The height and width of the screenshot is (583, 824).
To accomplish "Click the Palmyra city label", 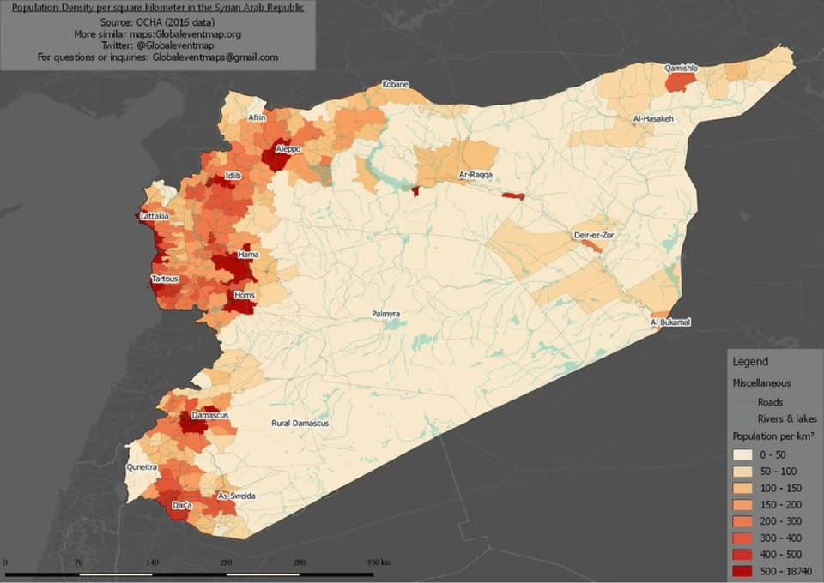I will point(386,315).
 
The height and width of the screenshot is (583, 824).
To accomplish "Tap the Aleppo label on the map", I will point(288,149).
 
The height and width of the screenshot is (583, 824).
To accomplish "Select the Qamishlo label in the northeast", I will point(682,68).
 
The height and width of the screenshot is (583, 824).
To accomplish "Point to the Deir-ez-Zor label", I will point(595,235).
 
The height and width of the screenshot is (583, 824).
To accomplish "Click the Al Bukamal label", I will point(670,322).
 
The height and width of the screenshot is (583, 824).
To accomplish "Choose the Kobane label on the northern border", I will point(396,85).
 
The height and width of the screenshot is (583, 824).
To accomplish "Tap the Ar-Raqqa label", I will point(475,175).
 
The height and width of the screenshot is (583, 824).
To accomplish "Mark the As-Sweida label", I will point(236,496).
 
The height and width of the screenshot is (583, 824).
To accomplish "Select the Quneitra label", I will point(142,468).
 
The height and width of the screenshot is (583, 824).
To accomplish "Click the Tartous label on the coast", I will point(165,279).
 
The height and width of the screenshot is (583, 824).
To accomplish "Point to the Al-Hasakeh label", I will point(652,118).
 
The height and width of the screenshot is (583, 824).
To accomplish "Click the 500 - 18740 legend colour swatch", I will point(743,570).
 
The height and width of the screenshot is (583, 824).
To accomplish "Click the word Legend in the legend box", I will point(750,362).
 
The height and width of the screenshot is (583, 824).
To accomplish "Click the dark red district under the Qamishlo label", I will point(679,82).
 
